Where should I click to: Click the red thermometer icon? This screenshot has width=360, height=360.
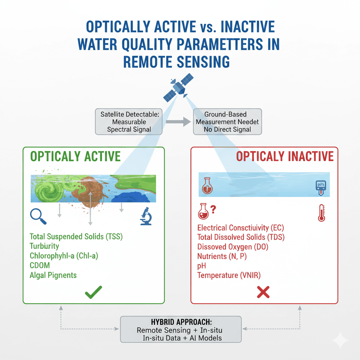[x=321, y=213]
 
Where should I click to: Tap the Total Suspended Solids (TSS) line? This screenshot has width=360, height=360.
[x=76, y=237]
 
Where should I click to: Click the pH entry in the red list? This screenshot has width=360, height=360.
[x=202, y=266]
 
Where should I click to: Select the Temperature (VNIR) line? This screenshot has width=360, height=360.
[x=229, y=275]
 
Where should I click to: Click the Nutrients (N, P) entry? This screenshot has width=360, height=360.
[x=222, y=256]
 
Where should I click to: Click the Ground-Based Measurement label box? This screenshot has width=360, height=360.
[x=227, y=122]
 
